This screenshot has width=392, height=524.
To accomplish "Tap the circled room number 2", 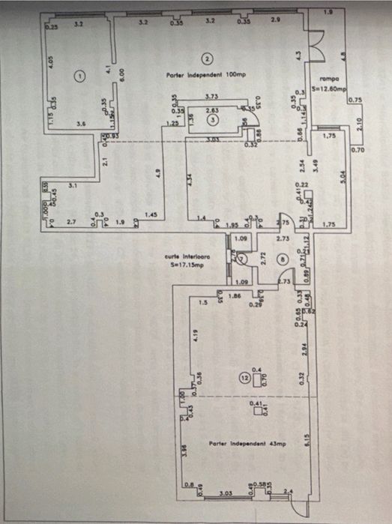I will coord(208,58).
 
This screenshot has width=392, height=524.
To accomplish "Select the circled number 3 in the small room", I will coord(213,118).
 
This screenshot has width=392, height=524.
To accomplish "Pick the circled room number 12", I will coord(244,379).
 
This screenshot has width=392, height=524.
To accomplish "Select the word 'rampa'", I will coord(331,78).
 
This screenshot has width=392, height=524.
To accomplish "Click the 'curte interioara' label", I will coord(187,256).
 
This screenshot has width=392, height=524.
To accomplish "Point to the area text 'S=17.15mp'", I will coord(187,264).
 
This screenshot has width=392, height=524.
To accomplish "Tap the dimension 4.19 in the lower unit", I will coord(194,335).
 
